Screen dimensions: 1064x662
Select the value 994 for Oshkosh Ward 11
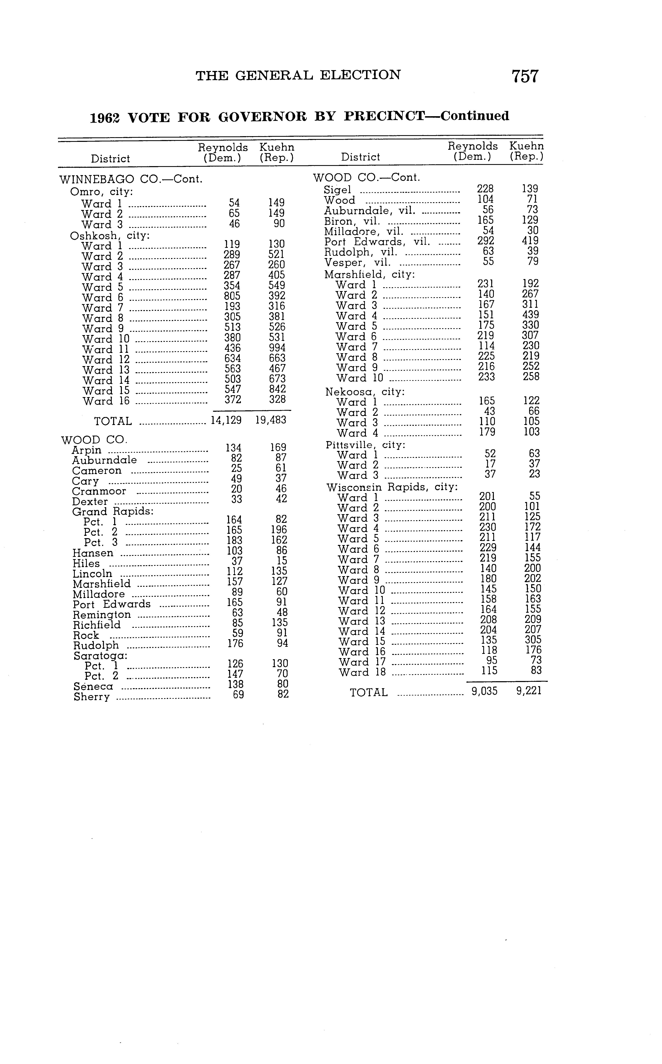point(277,348)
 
